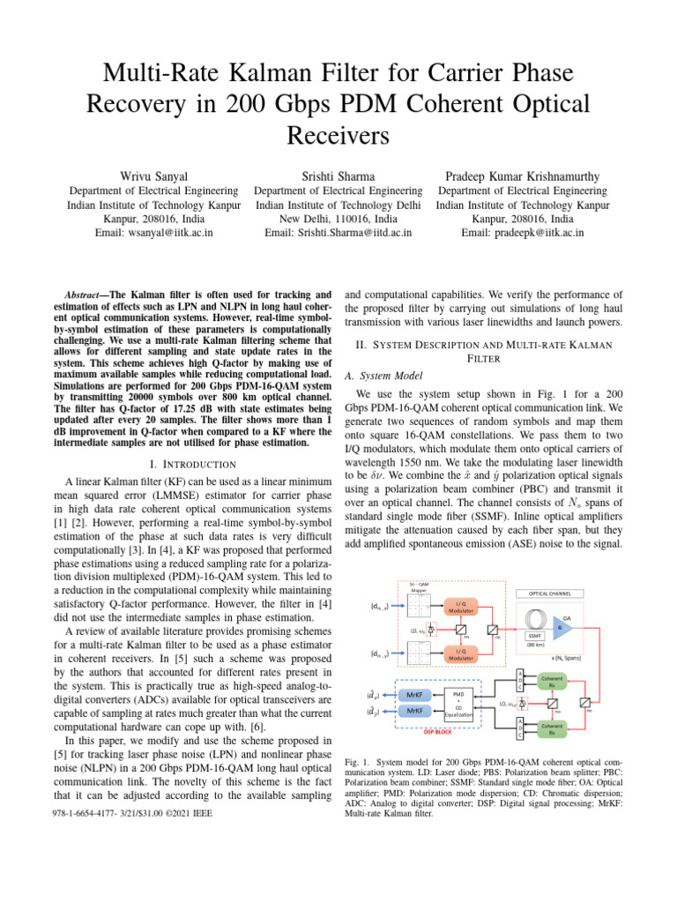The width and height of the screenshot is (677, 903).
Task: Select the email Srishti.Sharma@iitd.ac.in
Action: [x=338, y=233]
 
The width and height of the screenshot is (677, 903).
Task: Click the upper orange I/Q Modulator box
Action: [x=467, y=607]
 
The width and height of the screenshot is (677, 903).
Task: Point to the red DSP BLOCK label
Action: [x=439, y=731]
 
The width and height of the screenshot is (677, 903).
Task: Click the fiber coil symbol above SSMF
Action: [x=533, y=618]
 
